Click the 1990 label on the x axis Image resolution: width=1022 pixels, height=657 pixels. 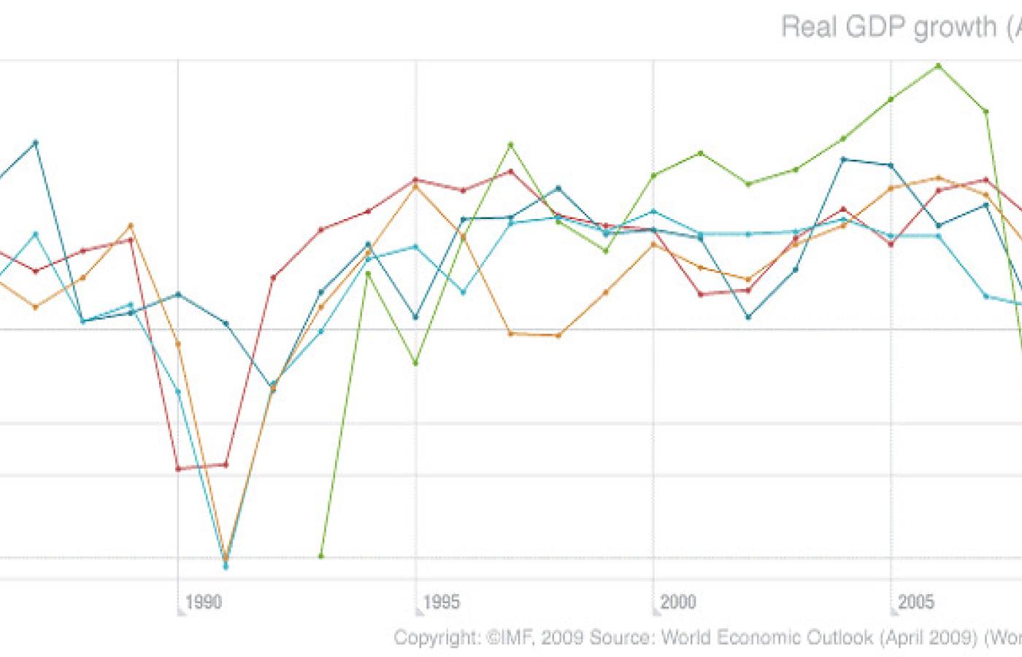[x=203, y=602]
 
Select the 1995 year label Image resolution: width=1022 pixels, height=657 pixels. [x=441, y=602]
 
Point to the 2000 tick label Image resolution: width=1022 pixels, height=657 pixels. [x=678, y=602]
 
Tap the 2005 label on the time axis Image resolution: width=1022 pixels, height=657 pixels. [x=915, y=602]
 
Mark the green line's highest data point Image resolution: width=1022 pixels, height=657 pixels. [x=939, y=66]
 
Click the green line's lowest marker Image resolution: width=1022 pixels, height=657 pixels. [x=320, y=556]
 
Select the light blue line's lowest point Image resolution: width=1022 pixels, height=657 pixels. [x=226, y=566]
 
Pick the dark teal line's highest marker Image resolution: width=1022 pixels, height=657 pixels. [x=35, y=142]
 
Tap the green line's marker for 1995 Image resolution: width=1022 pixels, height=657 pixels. [x=415, y=364]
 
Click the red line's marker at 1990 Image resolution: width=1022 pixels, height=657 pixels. [x=178, y=469]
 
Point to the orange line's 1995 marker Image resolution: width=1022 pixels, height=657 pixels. [x=415, y=186]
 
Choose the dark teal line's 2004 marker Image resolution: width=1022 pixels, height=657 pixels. [x=843, y=159]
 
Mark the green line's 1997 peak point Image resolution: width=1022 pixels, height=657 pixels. [x=511, y=145]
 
